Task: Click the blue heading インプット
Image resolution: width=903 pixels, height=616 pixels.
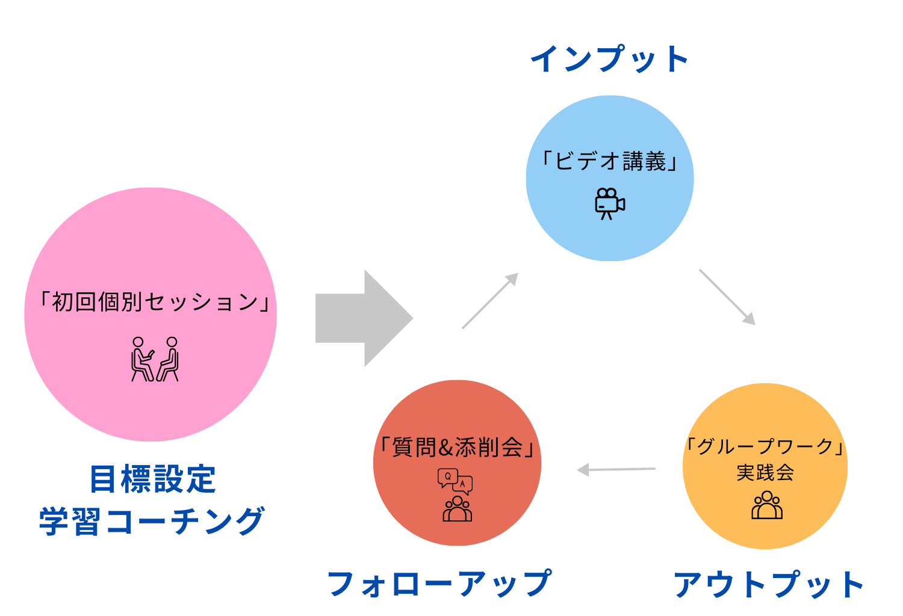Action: click(x=609, y=59)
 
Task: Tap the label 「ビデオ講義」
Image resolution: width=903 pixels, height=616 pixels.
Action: click(x=610, y=161)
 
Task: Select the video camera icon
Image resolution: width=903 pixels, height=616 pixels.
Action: click(x=609, y=203)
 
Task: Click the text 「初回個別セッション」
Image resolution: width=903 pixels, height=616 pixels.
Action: click(x=154, y=302)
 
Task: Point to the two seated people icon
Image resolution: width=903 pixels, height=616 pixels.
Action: click(x=155, y=359)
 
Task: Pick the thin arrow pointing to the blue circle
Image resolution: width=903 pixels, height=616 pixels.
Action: click(x=489, y=301)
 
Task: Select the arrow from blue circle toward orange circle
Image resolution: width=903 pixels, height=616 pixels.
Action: click(x=727, y=297)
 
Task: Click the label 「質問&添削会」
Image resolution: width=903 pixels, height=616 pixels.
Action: click(x=458, y=448)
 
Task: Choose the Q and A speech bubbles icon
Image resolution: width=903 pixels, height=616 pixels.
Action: click(x=455, y=481)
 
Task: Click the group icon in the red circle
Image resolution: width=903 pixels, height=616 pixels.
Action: click(x=458, y=509)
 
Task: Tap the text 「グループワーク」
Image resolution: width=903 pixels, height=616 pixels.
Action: click(x=765, y=446)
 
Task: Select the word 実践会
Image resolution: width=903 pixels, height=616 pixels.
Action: click(x=765, y=473)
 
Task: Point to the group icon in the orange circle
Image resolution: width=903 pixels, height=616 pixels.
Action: click(x=766, y=505)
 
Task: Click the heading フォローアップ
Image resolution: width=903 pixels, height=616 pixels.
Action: click(x=439, y=584)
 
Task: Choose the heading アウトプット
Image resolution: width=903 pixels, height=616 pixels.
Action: click(x=769, y=585)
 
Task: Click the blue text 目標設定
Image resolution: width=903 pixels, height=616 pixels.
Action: click(x=152, y=479)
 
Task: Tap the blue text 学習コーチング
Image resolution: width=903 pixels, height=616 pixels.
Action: click(x=152, y=521)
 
